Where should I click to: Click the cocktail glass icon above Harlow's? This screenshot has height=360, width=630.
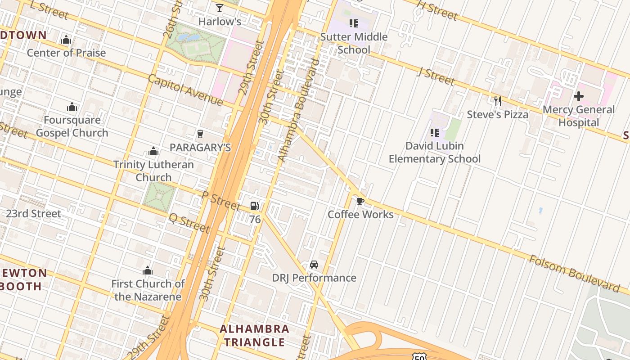click(x=220, y=8)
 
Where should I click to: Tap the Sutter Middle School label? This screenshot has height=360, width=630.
click(x=354, y=43)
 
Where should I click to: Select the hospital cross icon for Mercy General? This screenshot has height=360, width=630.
click(x=579, y=96)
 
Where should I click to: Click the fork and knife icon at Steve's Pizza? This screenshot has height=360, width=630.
click(x=498, y=101)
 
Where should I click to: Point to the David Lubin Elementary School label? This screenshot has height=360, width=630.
click(x=434, y=152)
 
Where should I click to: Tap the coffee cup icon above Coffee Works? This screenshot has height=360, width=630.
click(x=360, y=201)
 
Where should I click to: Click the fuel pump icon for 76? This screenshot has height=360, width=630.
click(x=255, y=206)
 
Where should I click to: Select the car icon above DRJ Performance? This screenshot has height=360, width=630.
click(x=314, y=265)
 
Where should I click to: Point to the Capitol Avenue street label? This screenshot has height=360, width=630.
click(x=185, y=90)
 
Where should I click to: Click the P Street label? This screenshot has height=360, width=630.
click(x=220, y=200)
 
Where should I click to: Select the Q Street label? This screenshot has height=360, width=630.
click(x=189, y=223)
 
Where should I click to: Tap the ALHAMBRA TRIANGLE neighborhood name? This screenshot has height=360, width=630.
click(x=254, y=335)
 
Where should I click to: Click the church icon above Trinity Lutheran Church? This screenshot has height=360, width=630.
click(x=153, y=151)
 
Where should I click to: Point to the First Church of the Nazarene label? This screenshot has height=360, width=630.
click(x=148, y=290)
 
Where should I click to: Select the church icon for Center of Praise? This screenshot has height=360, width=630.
click(x=66, y=40)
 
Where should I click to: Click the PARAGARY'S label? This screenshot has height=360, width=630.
click(x=200, y=148)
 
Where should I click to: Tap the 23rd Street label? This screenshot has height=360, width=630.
click(x=34, y=213)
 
